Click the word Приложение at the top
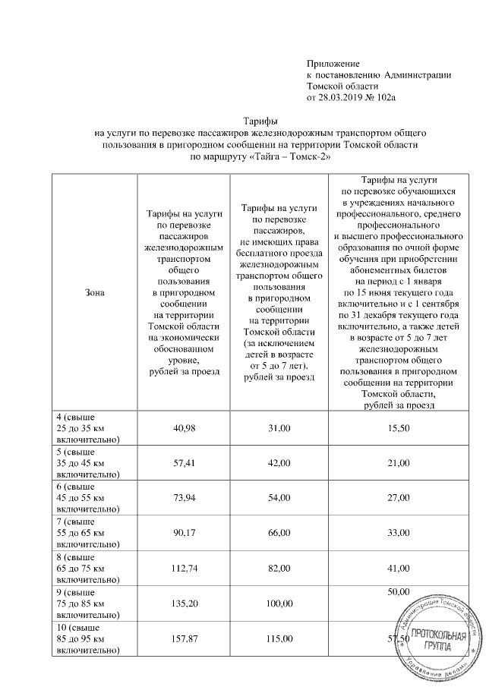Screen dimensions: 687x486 point(333,63)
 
